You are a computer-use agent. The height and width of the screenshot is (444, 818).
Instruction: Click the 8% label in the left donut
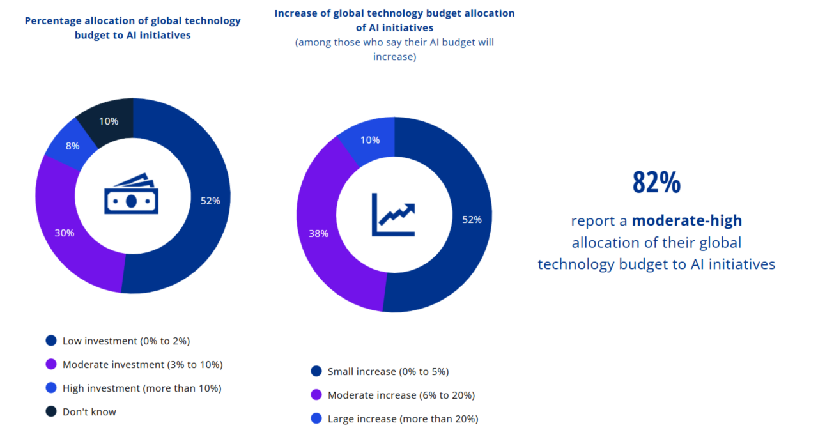coord(72,146)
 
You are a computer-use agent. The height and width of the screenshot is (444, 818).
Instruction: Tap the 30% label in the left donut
coord(65,233)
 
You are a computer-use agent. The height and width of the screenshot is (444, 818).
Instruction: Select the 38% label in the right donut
coord(319,233)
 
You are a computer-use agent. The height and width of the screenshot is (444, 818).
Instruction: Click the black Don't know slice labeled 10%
coord(108,121)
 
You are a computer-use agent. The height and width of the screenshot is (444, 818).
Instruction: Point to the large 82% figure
coord(656,183)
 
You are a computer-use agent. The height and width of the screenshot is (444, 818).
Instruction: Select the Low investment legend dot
coord(50,341)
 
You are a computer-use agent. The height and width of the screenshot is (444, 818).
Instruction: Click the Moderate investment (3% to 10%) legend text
coord(143,365)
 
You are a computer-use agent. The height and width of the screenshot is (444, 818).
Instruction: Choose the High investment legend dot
coord(50,388)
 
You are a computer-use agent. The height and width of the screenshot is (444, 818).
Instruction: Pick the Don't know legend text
coord(89,412)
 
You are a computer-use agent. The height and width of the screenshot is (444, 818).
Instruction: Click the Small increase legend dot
coord(316,371)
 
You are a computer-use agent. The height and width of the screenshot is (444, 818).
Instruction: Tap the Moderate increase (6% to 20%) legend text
coord(401,395)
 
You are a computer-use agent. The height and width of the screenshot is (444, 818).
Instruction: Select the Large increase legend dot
coord(316,419)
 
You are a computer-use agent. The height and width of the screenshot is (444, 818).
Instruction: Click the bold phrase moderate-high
coord(687,221)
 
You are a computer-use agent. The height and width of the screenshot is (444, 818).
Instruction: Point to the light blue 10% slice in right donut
coord(370,140)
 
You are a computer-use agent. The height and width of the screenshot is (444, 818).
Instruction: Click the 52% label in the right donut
coord(472,220)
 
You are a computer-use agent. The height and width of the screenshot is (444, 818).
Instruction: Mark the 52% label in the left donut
coord(210,201)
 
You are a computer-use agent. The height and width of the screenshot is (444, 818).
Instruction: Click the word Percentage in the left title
coord(52,20)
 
